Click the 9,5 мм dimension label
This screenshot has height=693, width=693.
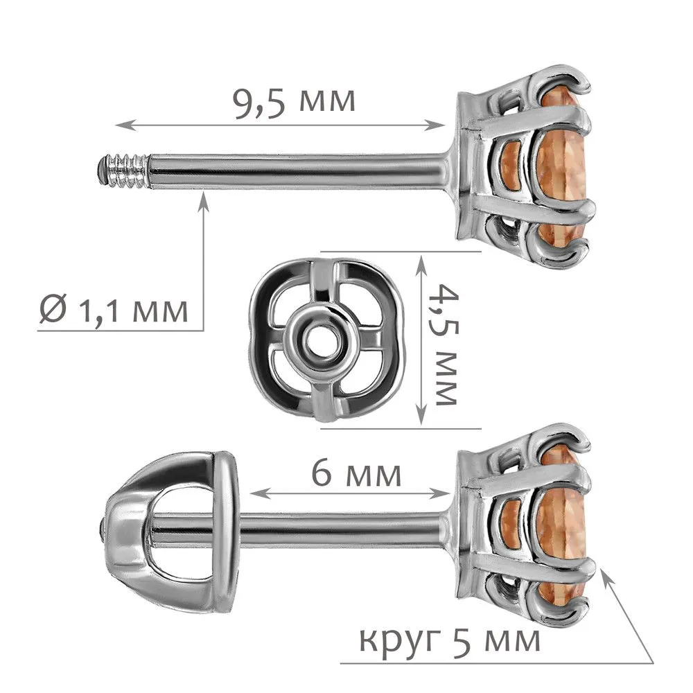[295, 103]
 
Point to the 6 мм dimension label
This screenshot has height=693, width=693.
[356, 473]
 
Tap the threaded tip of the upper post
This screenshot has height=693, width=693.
[123, 170]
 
